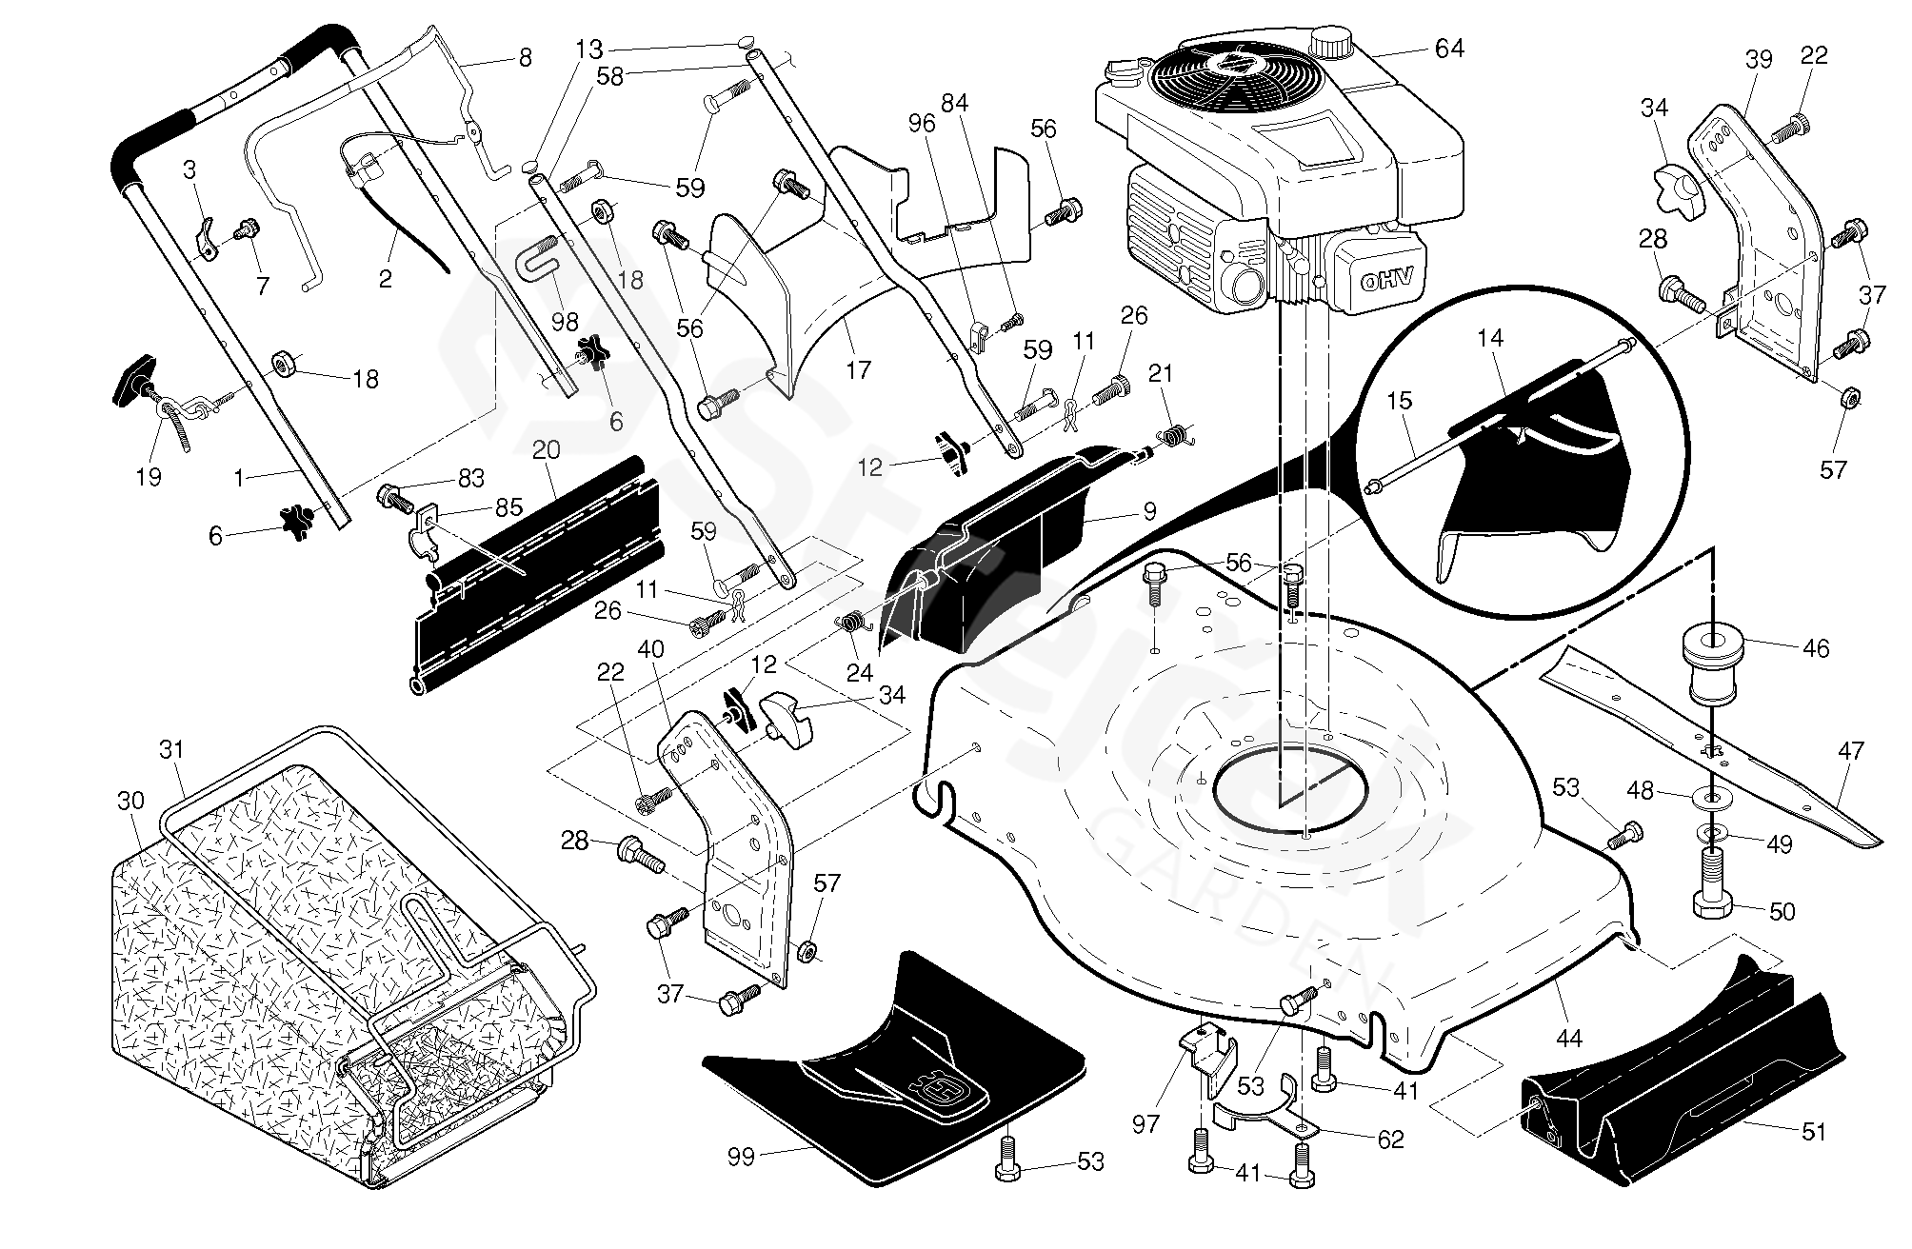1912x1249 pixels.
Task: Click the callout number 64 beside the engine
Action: [x=1449, y=48]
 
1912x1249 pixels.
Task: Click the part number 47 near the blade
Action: [x=1850, y=751]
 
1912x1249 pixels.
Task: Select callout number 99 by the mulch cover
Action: [x=741, y=1156]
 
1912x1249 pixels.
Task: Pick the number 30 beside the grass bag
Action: [x=130, y=801]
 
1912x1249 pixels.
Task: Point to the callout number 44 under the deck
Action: [x=1567, y=1038]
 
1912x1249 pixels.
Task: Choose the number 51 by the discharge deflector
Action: [x=1814, y=1132]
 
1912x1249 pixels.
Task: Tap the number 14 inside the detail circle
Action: [x=1491, y=337]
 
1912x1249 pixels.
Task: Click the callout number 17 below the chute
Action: [x=858, y=369]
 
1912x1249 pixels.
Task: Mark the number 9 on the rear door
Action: [x=1149, y=511]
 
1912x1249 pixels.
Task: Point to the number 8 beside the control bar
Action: [x=525, y=57]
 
